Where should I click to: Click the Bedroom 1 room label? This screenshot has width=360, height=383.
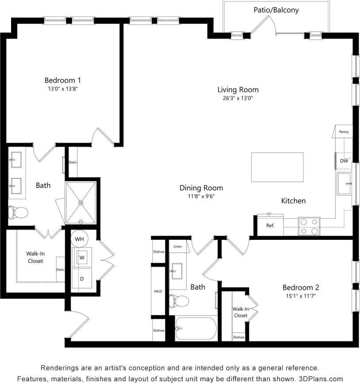click(x=62, y=80)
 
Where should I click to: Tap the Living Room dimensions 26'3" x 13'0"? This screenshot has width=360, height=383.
click(x=237, y=98)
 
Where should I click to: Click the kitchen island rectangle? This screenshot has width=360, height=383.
click(x=277, y=167)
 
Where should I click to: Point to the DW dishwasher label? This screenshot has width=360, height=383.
click(x=344, y=161)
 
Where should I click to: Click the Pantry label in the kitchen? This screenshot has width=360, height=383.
click(x=344, y=132)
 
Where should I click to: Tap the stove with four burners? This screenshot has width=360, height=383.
click(x=309, y=226)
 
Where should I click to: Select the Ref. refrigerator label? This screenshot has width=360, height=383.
click(x=270, y=226)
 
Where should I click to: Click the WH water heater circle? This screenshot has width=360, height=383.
click(x=80, y=239)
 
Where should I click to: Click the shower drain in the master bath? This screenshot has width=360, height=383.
click(x=80, y=202)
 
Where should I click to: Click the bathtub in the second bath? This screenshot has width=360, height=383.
click(x=195, y=329)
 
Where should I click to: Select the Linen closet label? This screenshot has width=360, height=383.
click(x=178, y=246)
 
